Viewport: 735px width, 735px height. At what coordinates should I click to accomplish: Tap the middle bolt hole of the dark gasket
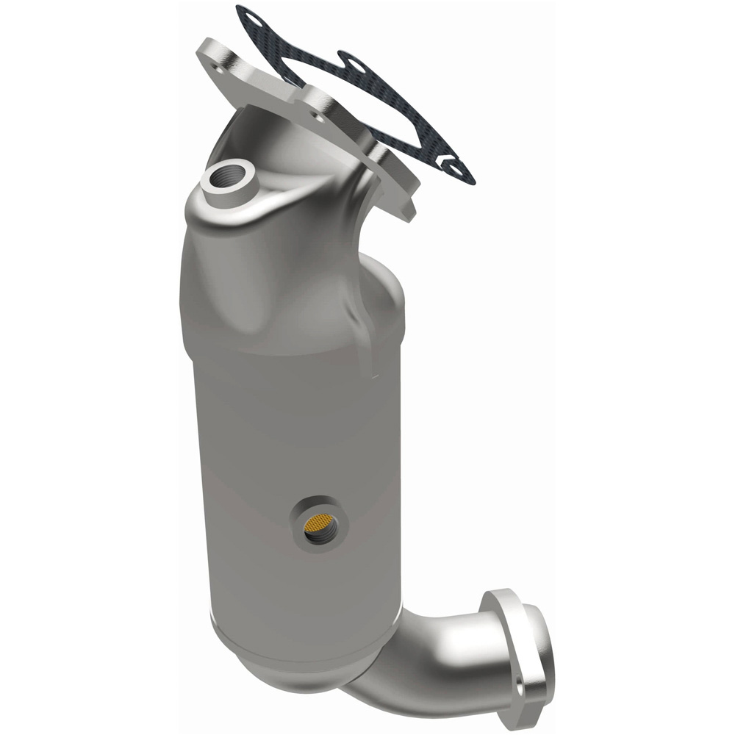(x=356, y=66)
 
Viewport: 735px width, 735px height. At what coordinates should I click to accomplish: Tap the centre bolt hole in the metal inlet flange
(x=318, y=115)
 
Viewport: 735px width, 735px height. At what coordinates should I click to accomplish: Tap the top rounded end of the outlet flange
(x=503, y=597)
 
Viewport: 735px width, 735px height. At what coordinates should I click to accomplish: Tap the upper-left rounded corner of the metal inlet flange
(x=207, y=49)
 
